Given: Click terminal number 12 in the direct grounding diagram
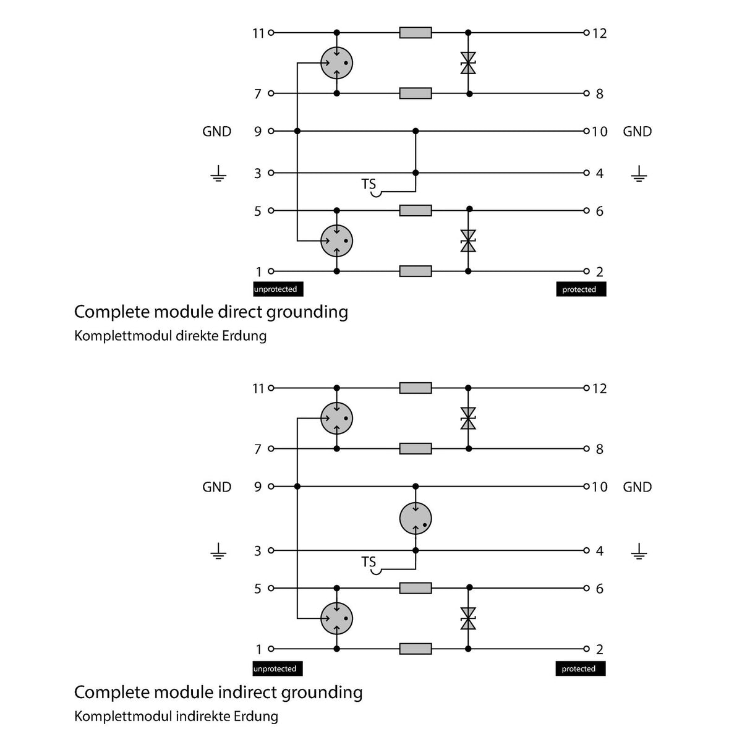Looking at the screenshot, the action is tap(600, 33).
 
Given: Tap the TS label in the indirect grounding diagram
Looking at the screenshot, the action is tap(368, 562).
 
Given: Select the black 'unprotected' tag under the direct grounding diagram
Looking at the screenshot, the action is tap(278, 289).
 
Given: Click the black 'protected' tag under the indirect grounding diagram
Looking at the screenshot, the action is tap(580, 668).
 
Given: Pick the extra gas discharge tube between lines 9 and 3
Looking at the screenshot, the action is tap(415, 518).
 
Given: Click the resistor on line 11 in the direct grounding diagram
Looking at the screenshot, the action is tap(416, 33).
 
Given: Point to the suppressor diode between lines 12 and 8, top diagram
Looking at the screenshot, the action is tap(468, 63).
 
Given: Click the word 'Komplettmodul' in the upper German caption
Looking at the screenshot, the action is tap(123, 336).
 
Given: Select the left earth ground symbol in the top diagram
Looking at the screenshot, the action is tap(218, 174).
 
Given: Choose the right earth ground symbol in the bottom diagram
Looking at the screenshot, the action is tap(639, 551).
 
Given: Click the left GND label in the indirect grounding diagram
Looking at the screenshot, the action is tap(217, 487).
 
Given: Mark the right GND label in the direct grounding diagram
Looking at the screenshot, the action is tap(638, 132).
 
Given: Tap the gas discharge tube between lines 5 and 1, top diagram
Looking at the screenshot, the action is tap(336, 241).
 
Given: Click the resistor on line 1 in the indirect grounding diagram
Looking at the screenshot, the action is tap(416, 649).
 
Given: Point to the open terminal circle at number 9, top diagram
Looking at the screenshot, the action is tap(271, 131).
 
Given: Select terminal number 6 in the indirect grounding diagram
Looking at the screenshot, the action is tap(600, 589).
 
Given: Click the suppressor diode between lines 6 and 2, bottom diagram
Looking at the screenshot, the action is tap(468, 618).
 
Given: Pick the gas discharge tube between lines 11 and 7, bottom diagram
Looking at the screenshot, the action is tap(336, 418).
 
